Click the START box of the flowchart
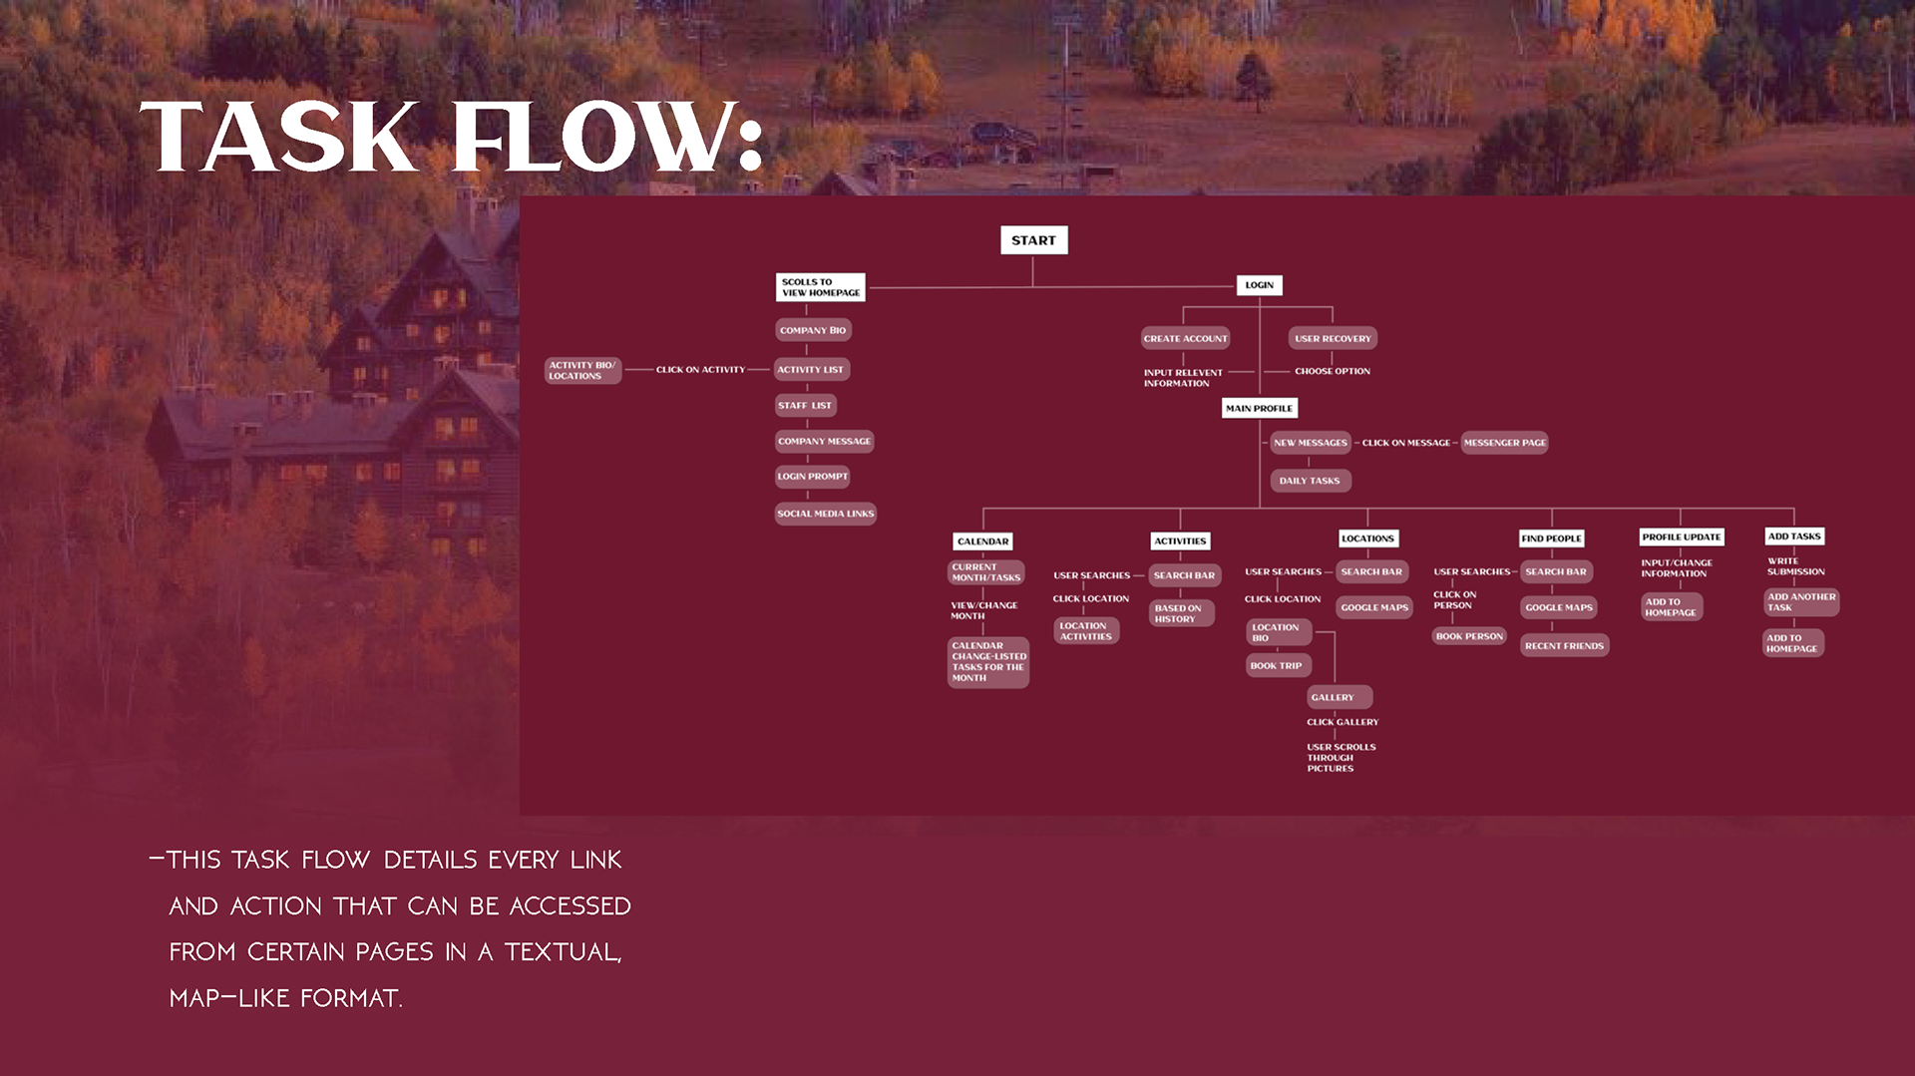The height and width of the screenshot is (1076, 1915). (x=1033, y=240)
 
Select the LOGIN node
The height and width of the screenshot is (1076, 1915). (x=1259, y=285)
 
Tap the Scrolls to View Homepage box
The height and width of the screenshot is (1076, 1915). (x=820, y=287)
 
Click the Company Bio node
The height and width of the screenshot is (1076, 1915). (x=813, y=330)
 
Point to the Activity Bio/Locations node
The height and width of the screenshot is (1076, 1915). (x=582, y=371)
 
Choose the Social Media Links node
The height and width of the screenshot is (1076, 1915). (x=825, y=514)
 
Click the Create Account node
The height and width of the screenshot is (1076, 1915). (x=1185, y=339)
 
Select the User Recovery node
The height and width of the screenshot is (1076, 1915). (x=1333, y=339)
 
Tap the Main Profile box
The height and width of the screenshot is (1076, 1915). (x=1259, y=408)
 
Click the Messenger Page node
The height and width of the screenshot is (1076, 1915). (x=1504, y=443)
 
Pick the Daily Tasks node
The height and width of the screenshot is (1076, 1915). (x=1310, y=481)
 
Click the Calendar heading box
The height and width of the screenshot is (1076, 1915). (x=982, y=541)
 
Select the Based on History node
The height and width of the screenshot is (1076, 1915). (x=1181, y=613)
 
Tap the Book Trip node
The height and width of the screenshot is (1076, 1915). (x=1277, y=665)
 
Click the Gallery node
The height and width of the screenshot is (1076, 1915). (x=1338, y=697)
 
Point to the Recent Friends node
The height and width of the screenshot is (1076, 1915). (x=1564, y=646)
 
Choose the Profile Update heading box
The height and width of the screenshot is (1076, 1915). (x=1681, y=537)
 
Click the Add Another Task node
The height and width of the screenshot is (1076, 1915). (x=1800, y=602)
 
